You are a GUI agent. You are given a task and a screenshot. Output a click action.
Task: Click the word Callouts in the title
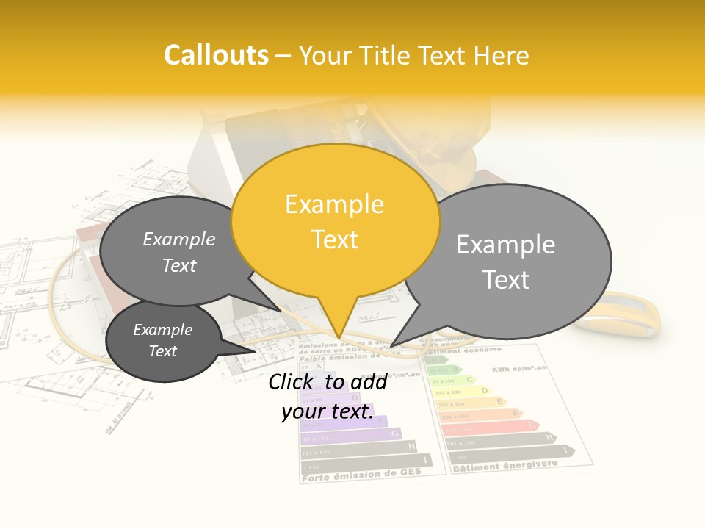pos(217,55)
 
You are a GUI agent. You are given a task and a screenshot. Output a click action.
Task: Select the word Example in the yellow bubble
pos(334,204)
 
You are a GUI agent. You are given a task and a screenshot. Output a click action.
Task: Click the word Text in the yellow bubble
pos(334,240)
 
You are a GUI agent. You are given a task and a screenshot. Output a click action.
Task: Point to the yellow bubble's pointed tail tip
pos(339,339)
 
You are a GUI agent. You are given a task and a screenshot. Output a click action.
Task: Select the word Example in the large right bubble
pos(506,244)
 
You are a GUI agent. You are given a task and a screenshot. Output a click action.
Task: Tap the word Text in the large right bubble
pos(506,280)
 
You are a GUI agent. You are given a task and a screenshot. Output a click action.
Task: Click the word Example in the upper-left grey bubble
pos(179,239)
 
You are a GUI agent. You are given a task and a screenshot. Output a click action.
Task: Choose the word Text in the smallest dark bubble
pos(163,351)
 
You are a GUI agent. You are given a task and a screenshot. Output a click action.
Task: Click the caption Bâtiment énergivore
pos(505,466)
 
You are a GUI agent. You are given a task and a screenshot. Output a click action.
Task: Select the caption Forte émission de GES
pos(361,475)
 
